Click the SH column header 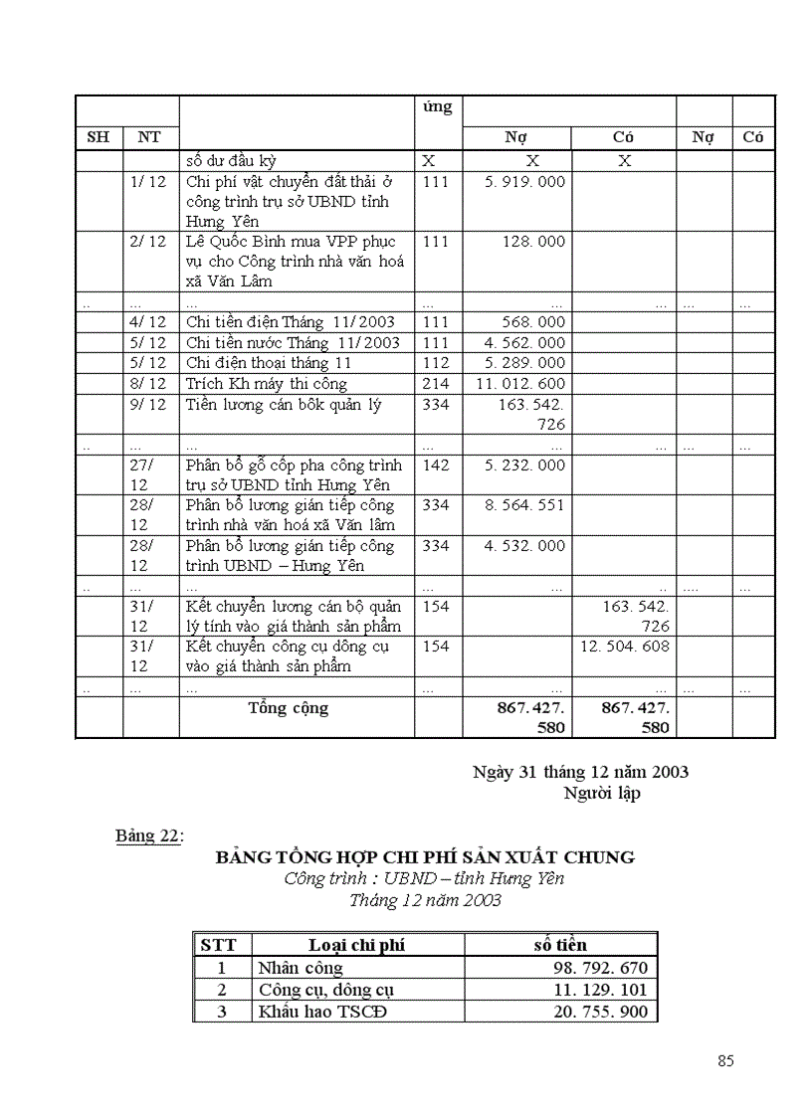coord(99,137)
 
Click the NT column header coord(149,137)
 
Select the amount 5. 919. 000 coord(528,182)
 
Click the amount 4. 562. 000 coord(528,343)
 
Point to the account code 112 coord(436,363)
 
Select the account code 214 coord(436,384)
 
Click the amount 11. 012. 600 coord(520,384)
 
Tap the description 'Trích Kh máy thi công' coord(267,384)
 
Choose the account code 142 coord(436,465)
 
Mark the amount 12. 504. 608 coord(625,647)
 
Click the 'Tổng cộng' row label coord(288,708)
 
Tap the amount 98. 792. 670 coord(600,968)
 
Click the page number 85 coord(725,1060)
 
